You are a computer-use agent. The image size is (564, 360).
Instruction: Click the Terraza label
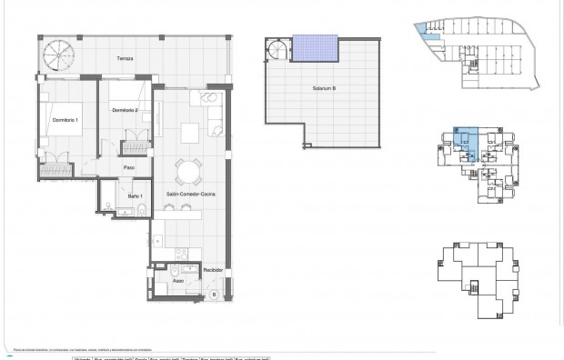[125, 58]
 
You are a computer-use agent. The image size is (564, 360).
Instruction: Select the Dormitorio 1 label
[63, 120]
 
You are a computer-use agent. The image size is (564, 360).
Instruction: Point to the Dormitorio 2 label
[125, 110]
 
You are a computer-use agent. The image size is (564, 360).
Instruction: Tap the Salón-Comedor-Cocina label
[189, 195]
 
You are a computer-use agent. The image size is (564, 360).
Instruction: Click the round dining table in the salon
[187, 170]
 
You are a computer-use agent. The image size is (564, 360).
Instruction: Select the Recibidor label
[212, 270]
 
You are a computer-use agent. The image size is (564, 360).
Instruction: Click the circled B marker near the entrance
[214, 295]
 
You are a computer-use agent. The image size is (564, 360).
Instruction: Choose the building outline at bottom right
[473, 277]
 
